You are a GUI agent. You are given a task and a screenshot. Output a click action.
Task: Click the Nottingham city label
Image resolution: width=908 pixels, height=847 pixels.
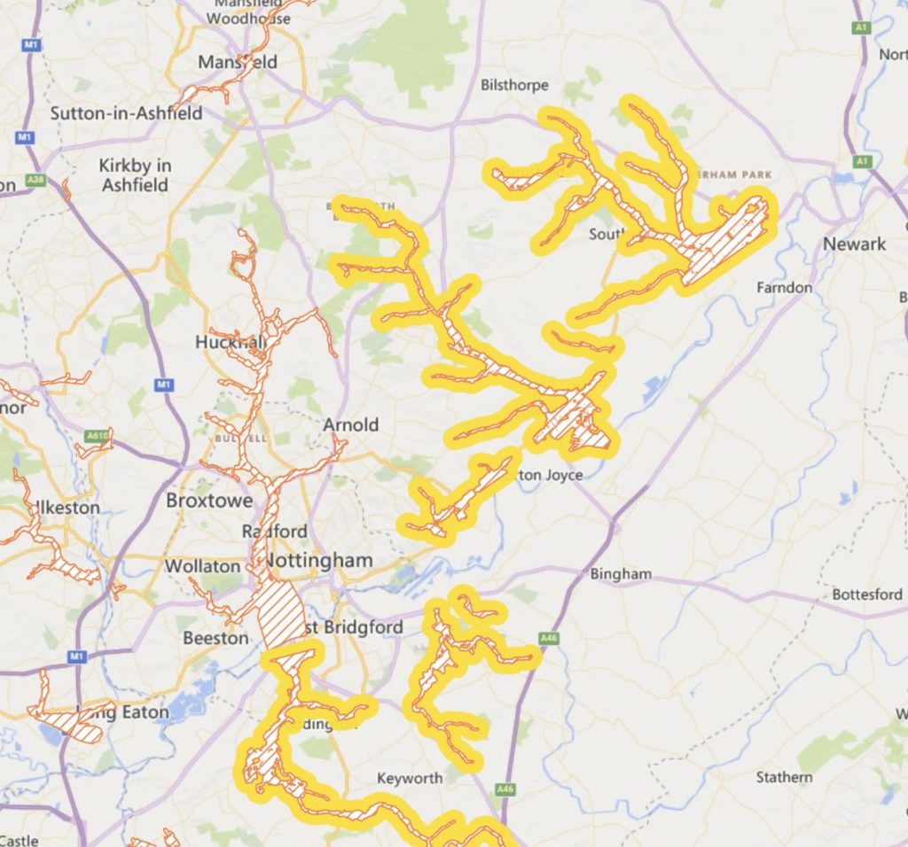pyautogui.click(x=318, y=561)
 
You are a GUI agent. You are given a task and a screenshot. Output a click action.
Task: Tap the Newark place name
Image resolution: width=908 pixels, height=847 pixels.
pyautogui.click(x=854, y=244)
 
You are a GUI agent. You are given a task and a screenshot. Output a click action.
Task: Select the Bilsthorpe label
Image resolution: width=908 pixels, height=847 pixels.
pyautogui.click(x=514, y=85)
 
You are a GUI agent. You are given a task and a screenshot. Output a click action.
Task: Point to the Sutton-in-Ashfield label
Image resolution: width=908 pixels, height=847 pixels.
pyautogui.click(x=126, y=113)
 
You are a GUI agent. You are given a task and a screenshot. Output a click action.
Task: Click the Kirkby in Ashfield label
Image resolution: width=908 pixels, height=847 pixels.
pyautogui.click(x=135, y=175)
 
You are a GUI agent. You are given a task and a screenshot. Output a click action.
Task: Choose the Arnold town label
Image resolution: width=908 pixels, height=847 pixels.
pyautogui.click(x=350, y=425)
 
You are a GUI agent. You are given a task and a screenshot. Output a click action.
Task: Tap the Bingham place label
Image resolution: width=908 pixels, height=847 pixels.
pyautogui.click(x=621, y=574)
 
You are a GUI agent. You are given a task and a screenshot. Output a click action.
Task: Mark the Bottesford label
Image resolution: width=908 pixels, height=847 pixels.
pyautogui.click(x=866, y=594)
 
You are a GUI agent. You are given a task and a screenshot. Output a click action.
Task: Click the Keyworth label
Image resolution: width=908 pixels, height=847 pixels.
pyautogui.click(x=410, y=778)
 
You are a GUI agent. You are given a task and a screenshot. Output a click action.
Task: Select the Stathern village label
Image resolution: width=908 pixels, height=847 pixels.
pyautogui.click(x=784, y=777)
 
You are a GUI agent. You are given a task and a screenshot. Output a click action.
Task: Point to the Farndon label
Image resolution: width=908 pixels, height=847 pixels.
pyautogui.click(x=784, y=288)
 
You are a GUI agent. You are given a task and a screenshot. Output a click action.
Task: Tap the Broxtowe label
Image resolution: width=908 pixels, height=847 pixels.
pyautogui.click(x=209, y=501)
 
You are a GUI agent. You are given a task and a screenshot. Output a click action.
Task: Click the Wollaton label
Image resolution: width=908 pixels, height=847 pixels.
pyautogui.click(x=202, y=566)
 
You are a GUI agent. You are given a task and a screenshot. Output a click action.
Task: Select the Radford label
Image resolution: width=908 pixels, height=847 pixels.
pyautogui.click(x=275, y=532)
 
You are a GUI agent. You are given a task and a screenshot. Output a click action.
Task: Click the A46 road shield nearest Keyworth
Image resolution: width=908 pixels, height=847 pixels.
pyautogui.click(x=505, y=788)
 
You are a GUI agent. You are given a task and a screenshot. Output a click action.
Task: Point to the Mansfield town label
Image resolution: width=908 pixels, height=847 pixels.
pyautogui.click(x=238, y=62)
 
